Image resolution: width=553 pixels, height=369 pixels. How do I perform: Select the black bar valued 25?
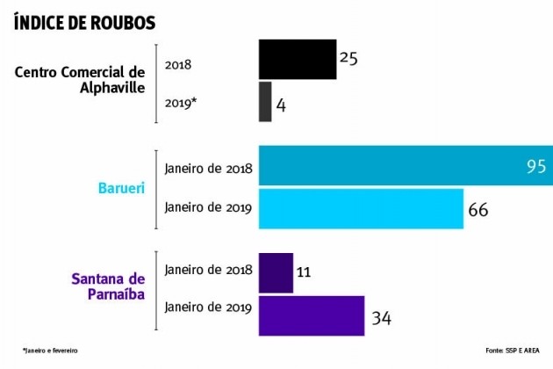pos(297,60)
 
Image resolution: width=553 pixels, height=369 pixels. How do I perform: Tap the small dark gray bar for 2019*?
pos(265,102)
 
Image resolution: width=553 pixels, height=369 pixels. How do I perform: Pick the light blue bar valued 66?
pos(360,209)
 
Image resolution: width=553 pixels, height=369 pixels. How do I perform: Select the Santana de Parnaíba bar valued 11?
pos(276,273)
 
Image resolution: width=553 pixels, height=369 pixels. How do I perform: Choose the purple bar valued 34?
pos(311,315)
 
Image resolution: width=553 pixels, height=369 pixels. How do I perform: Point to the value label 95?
pos(536,166)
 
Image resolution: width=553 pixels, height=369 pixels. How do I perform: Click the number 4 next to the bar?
pos(281,105)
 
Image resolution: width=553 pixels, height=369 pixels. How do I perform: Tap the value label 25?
pos(349,58)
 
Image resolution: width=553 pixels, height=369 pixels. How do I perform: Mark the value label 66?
pos(478,210)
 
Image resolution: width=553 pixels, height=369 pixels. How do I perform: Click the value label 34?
pos(381,317)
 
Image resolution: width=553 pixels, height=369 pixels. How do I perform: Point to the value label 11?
pos(304,273)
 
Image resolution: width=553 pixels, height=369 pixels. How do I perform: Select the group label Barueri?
pos(121,188)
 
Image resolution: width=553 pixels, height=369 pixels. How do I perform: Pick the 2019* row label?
pos(181,103)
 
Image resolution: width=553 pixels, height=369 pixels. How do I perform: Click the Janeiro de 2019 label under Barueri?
pos(208,208)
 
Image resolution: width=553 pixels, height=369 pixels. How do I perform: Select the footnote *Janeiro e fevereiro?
pos(50,351)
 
